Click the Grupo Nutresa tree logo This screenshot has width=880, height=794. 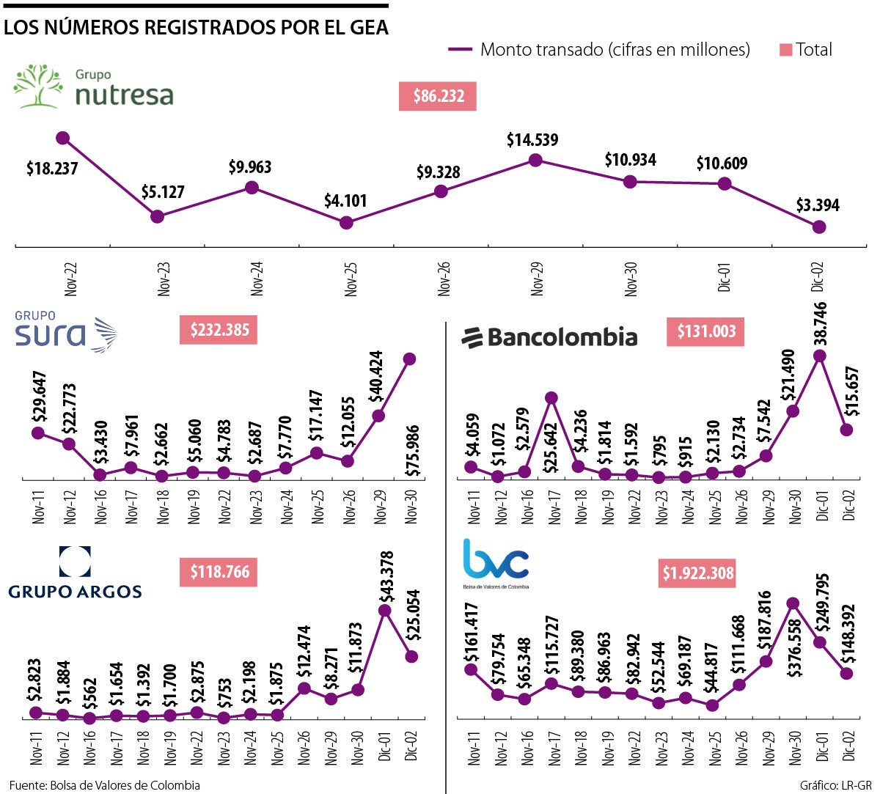tap(38, 86)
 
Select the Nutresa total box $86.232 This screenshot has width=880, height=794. tap(438, 96)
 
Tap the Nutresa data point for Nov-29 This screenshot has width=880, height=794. tap(535, 159)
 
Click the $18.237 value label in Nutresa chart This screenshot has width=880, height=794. tap(52, 169)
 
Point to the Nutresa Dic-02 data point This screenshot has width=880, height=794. tap(819, 227)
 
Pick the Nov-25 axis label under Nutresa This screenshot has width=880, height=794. tap(351, 278)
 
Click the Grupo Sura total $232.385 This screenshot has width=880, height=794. tap(219, 330)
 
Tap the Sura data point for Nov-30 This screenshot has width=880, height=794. tap(409, 359)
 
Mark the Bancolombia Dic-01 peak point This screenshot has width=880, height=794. tap(820, 356)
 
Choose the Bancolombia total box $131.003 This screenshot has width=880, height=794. tap(706, 331)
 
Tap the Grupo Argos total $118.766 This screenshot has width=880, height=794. tap(219, 572)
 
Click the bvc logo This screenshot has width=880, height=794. tap(496, 562)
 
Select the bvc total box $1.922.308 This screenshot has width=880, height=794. tap(697, 573)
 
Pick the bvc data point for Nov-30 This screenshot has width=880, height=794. tap(792, 603)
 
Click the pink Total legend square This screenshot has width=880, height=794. tap(785, 50)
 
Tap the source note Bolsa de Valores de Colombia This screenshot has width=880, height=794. tap(105, 785)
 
